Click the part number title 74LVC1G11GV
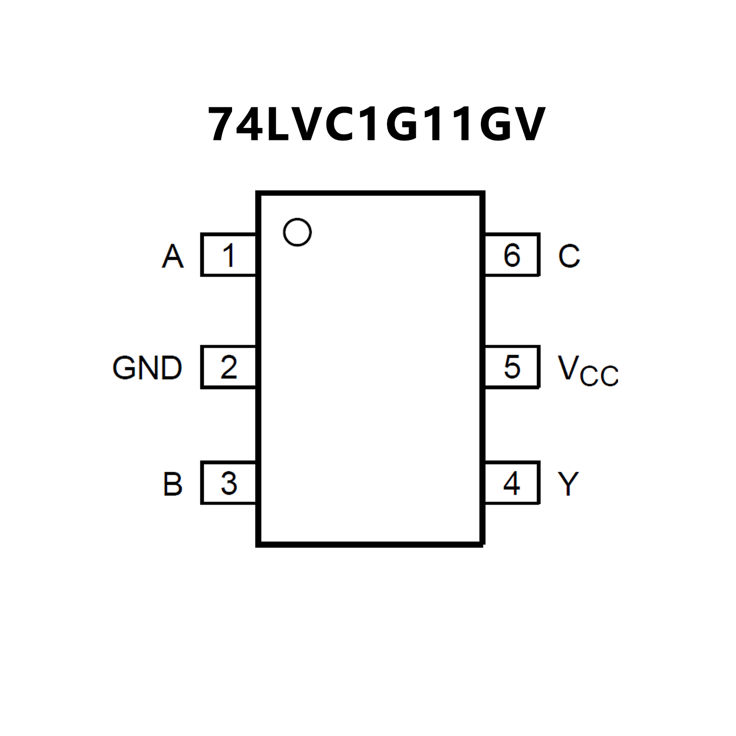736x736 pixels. pos(376,125)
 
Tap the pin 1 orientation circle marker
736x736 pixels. pos(297,232)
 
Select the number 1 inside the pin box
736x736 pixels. pos(229,255)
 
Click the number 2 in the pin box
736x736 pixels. pos(229,367)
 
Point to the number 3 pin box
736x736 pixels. pos(229,483)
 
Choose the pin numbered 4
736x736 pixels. pos(512,483)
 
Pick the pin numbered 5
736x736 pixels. pos(512,367)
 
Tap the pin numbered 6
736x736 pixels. pos(512,255)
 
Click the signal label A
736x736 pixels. pos(173,256)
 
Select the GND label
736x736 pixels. pos(147,368)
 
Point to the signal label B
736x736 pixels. pos(173,484)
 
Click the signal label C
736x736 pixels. pos(569,256)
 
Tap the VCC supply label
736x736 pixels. pos(588,370)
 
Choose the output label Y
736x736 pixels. pos(568,484)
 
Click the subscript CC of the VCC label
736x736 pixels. pos(599,375)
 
